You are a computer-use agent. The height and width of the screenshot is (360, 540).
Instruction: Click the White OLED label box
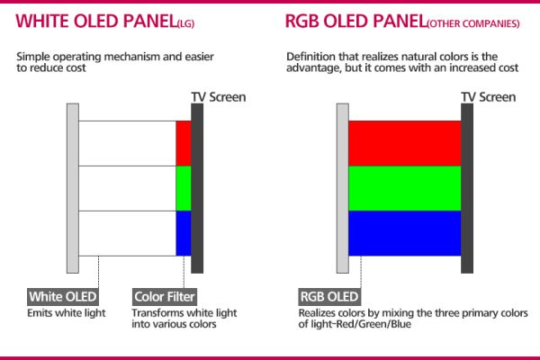tap(63, 297)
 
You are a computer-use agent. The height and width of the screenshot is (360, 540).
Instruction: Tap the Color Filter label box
tap(165, 297)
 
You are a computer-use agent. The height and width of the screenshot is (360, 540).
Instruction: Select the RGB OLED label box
tap(329, 297)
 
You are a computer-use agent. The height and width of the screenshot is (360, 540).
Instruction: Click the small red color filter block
tap(184, 143)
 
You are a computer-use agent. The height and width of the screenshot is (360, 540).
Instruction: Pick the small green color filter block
tap(184, 188)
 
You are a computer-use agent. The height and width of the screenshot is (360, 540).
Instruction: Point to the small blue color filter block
tap(184, 233)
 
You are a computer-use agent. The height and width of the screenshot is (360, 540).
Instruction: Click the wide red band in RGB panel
tap(405, 143)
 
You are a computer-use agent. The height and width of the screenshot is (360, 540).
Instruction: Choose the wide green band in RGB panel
tap(405, 188)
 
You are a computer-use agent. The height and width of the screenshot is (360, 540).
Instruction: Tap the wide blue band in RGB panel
tap(405, 233)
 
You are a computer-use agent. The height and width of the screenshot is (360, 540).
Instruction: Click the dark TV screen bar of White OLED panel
tap(197, 188)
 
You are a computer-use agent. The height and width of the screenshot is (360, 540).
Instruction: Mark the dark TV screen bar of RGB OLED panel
tap(467, 188)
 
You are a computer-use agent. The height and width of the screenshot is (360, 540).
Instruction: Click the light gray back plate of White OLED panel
tap(73, 188)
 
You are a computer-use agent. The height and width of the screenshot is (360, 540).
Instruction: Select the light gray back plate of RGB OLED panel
tap(343, 188)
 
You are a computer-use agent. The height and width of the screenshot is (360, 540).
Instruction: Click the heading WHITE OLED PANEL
tap(96, 22)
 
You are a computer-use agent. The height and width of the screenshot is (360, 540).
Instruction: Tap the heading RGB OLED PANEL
tap(356, 22)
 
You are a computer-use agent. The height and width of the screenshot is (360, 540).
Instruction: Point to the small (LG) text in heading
tap(186, 23)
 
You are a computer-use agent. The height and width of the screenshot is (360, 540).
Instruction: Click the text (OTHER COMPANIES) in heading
tap(473, 23)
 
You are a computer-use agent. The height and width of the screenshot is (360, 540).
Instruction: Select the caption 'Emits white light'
tap(67, 313)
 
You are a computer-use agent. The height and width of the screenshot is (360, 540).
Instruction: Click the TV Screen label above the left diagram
tap(219, 97)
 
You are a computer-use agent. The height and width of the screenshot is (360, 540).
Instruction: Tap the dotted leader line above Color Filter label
tap(184, 272)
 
